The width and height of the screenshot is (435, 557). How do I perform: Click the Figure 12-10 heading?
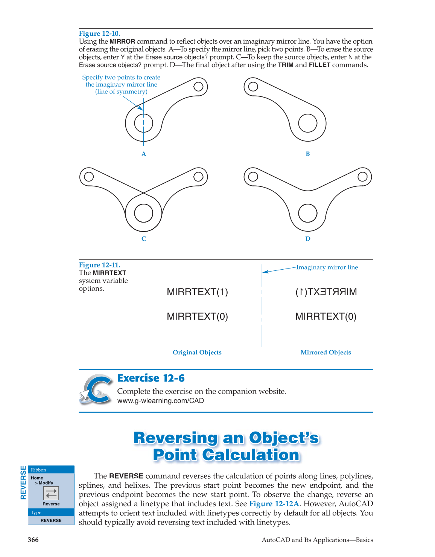coord(99,34)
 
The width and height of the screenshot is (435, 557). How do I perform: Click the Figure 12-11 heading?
coord(99,265)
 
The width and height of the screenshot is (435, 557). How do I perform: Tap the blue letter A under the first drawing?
coord(144,154)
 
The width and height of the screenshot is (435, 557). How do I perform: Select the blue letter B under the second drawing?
coord(308,154)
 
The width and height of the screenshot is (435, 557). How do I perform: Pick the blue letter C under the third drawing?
coord(144,239)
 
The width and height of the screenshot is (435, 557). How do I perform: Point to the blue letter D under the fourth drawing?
coord(308,239)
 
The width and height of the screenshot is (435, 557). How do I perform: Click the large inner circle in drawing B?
coord(307,123)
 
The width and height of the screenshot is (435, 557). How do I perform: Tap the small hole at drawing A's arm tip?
coord(198,87)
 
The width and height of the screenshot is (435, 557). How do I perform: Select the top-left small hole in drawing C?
coord(89,177)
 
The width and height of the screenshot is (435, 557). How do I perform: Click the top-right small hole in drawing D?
coord(362,177)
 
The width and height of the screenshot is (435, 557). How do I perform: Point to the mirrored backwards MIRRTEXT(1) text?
coord(326,292)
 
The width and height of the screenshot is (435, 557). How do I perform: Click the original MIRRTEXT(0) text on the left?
coord(197,316)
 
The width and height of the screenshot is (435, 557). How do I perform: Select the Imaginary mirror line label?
coord(327,267)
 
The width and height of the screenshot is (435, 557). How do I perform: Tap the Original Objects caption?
coord(197,353)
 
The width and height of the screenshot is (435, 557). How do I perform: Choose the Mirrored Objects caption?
coord(325,353)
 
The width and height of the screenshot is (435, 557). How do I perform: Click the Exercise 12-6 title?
coord(151,378)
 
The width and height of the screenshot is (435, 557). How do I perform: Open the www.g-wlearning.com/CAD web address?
coord(161,401)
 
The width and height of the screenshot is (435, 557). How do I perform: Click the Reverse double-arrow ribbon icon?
coord(51,493)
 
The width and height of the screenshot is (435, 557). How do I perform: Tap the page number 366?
coord(33,540)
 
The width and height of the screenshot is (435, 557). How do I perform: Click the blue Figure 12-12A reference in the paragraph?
coord(274,504)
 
